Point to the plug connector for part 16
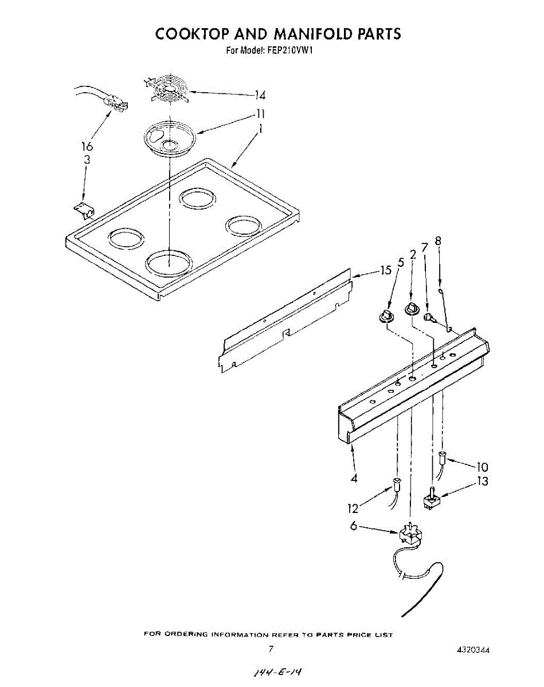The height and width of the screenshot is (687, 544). tap(116, 103)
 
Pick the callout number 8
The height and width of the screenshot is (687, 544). tap(438, 241)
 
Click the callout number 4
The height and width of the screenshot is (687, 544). tap(354, 479)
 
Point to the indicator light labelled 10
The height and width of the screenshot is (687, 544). tap(442, 457)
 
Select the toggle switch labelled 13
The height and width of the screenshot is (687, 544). tap(430, 500)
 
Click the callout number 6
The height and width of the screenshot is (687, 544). tap(354, 526)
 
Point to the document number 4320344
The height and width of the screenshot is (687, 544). tap(473, 650)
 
